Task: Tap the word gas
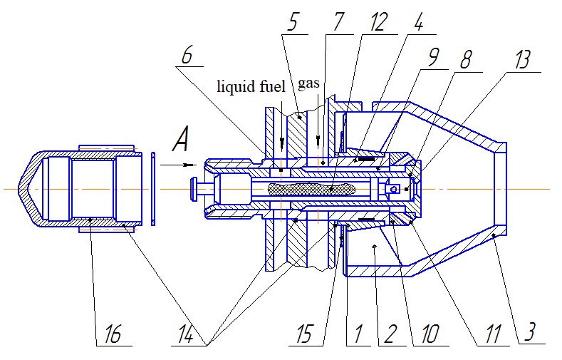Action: click(308, 83)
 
